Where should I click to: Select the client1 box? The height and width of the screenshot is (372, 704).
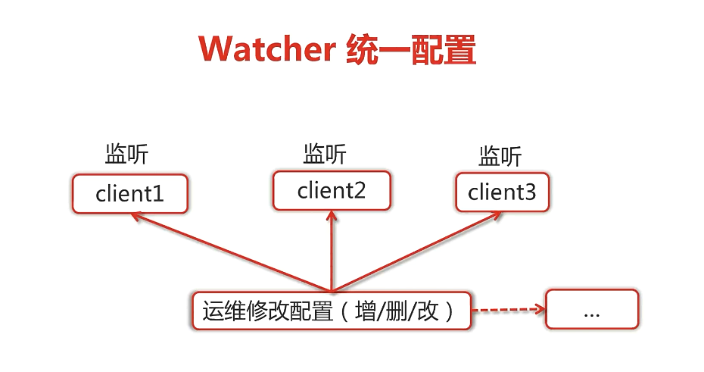point(129,194)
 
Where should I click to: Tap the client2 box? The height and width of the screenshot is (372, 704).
point(332,190)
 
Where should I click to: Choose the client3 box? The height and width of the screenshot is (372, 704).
point(502,192)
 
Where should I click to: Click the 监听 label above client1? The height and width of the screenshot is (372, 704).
point(126,155)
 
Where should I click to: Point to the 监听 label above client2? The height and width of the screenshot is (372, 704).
point(325,155)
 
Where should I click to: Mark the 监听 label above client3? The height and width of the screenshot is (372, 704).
point(500,157)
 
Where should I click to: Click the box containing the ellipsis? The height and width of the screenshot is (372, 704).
point(592,309)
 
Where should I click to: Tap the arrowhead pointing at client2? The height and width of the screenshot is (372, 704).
point(332,214)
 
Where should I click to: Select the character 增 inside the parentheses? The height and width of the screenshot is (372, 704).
point(366,311)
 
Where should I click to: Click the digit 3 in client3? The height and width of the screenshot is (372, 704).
point(529,193)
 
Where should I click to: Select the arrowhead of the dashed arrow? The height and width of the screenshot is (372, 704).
point(540,308)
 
